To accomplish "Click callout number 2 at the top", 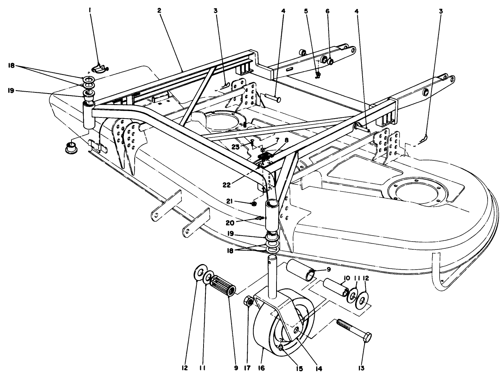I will click(x=159, y=11).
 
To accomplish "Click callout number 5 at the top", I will click(x=306, y=11).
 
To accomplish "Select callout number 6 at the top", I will click(x=327, y=11).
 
